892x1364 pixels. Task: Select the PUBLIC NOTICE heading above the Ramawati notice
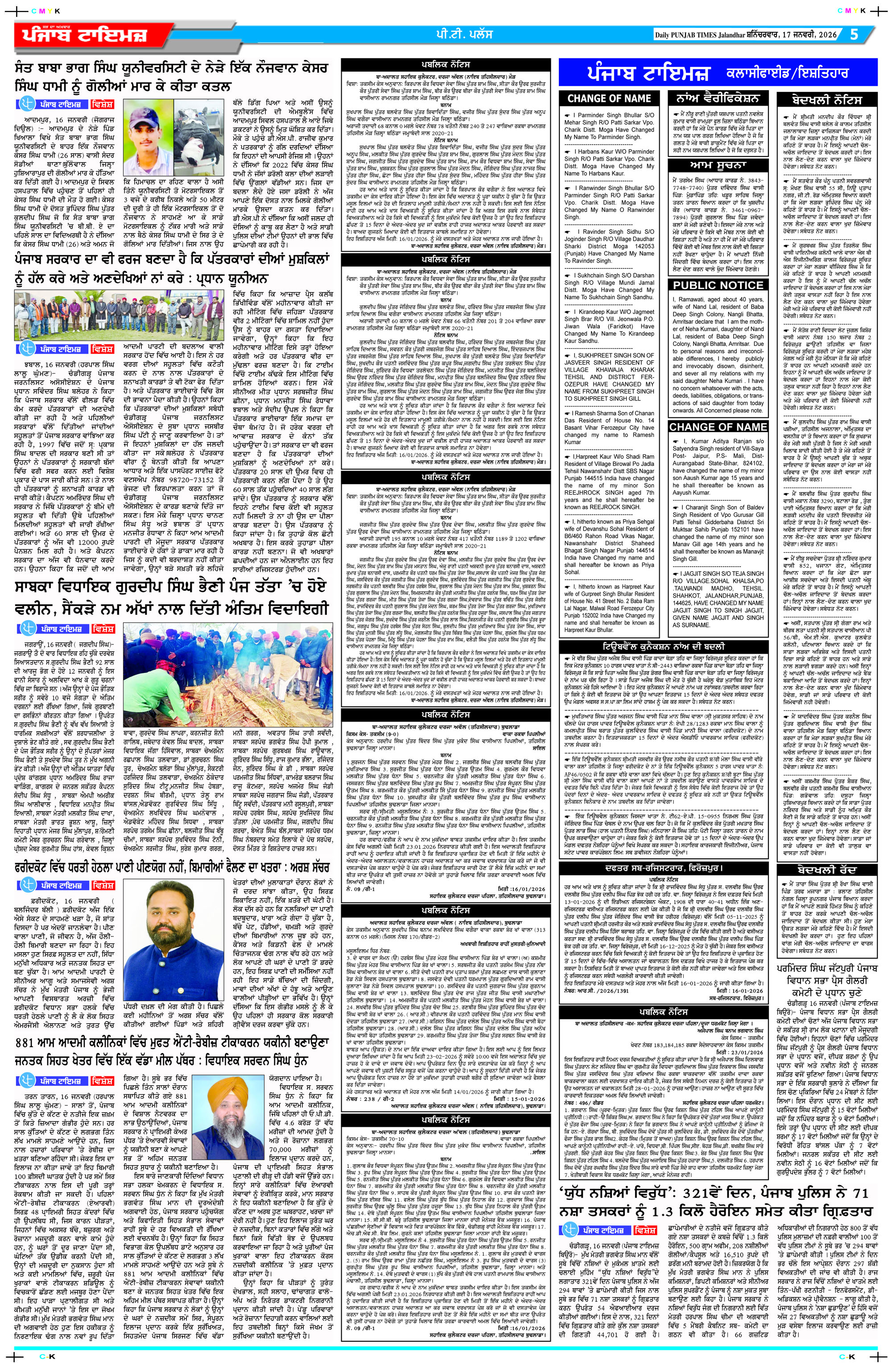[x=718, y=285]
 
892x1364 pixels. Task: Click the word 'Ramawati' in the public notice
[x=695, y=299]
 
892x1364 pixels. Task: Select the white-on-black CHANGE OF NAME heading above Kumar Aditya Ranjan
[x=718, y=427]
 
